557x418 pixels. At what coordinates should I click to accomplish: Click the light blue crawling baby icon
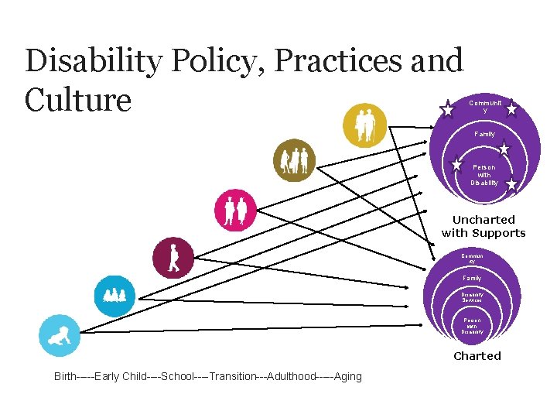point(59,335)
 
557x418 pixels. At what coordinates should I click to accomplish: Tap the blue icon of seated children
point(114,295)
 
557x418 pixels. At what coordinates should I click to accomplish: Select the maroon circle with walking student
point(173,258)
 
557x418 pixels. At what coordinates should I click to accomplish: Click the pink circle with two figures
point(234,210)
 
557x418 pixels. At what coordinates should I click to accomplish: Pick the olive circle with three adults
point(295,160)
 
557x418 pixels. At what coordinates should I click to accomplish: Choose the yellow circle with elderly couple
point(365,125)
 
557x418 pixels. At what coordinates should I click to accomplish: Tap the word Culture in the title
point(78,100)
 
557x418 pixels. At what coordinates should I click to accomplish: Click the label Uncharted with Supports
point(484,226)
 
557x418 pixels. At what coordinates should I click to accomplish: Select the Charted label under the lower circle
point(477,356)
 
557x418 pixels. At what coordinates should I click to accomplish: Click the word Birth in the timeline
point(65,377)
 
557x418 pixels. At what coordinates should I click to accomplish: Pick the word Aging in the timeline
point(347,377)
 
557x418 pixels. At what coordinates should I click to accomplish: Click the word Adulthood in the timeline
point(292,377)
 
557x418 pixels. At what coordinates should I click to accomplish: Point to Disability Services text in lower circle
point(472,296)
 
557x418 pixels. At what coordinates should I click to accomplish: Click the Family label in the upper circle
point(485,135)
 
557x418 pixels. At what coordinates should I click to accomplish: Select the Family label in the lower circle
point(472,278)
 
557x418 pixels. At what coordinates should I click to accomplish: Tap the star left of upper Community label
point(447,110)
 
